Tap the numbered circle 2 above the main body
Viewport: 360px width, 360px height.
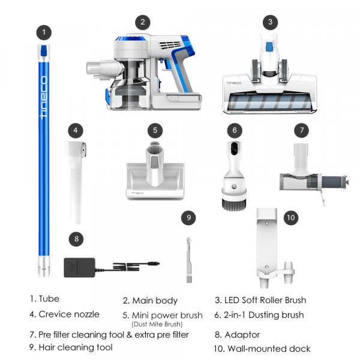pos(142,23)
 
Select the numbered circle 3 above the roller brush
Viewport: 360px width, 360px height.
pos(271,23)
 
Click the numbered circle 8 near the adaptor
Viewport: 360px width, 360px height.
pos(75,239)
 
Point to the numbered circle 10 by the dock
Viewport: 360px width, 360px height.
pos(291,217)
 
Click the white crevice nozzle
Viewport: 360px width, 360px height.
pos(76,180)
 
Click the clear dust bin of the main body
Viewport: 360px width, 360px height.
pos(129,93)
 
